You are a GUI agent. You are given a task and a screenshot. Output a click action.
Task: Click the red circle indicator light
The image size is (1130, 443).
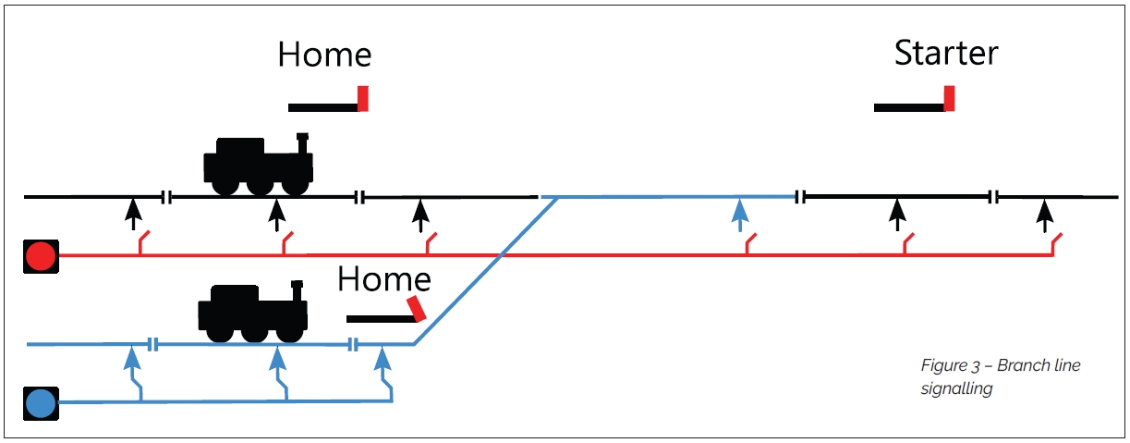(41, 255)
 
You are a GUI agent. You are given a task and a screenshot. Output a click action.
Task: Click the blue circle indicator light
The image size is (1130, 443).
(41, 403)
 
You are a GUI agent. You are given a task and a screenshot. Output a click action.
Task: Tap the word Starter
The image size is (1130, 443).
(946, 53)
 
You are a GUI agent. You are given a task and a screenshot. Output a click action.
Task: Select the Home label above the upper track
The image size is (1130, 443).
(324, 55)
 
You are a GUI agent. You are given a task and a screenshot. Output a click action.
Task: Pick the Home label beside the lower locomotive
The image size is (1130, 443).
(383, 279)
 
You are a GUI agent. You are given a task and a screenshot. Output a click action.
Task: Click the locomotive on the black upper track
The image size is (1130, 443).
(258, 165)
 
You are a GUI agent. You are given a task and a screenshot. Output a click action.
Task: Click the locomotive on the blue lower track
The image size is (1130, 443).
(252, 311)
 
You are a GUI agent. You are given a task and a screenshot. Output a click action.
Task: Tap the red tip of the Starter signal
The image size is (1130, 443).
(949, 98)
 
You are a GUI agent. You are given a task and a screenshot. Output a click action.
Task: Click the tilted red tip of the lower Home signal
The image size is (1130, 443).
(418, 309)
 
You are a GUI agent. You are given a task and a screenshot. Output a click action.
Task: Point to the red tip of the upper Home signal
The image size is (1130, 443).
(363, 98)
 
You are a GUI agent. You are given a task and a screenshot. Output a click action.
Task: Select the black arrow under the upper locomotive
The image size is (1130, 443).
(275, 215)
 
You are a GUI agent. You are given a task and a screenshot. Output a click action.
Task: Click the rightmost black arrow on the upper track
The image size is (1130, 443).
(1044, 215)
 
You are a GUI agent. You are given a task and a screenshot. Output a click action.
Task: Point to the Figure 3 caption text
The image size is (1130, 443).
(1000, 376)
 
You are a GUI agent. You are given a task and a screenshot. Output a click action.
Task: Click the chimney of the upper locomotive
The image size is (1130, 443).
(301, 142)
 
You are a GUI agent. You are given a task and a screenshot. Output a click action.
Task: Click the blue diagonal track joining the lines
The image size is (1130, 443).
(485, 270)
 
